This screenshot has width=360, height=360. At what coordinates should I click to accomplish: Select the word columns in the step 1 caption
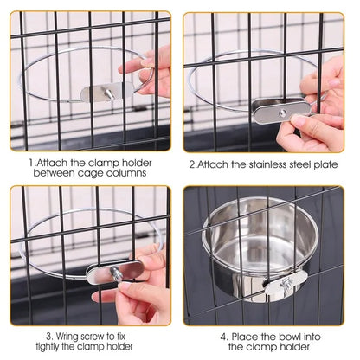[127, 173]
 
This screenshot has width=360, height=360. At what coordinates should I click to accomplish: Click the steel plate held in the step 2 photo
[281, 110]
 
